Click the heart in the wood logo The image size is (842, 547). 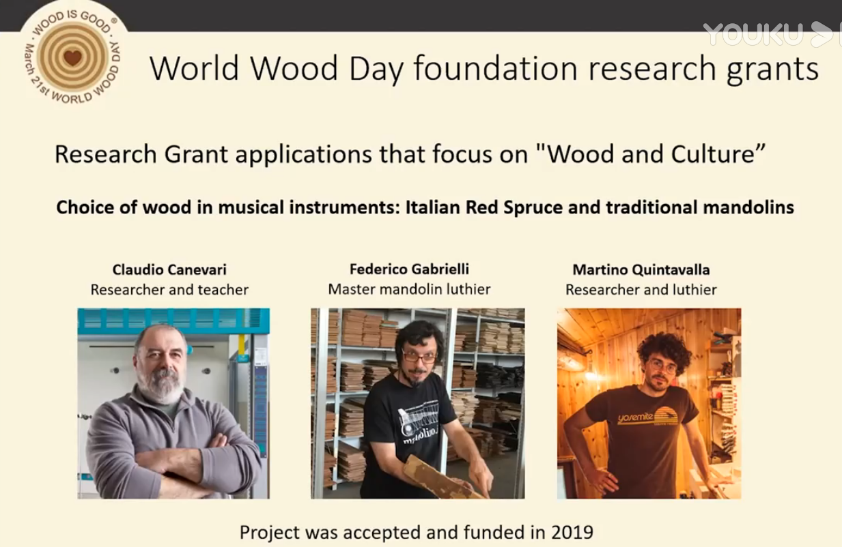pyautogui.click(x=72, y=57)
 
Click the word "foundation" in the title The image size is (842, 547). pyautogui.click(x=495, y=68)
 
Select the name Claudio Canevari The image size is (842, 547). pyautogui.click(x=169, y=269)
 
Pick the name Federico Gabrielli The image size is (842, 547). pyautogui.click(x=409, y=269)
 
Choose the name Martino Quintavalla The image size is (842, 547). pyautogui.click(x=641, y=269)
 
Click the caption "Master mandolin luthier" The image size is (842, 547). pyautogui.click(x=409, y=289)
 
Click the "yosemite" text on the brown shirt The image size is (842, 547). pyautogui.click(x=635, y=416)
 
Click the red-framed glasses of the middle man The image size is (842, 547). pyautogui.click(x=419, y=355)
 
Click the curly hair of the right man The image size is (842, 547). pyautogui.click(x=664, y=350)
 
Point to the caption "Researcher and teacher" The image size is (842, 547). pyautogui.click(x=169, y=289)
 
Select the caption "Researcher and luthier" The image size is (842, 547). pyautogui.click(x=641, y=289)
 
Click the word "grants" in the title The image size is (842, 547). pyautogui.click(x=773, y=70)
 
